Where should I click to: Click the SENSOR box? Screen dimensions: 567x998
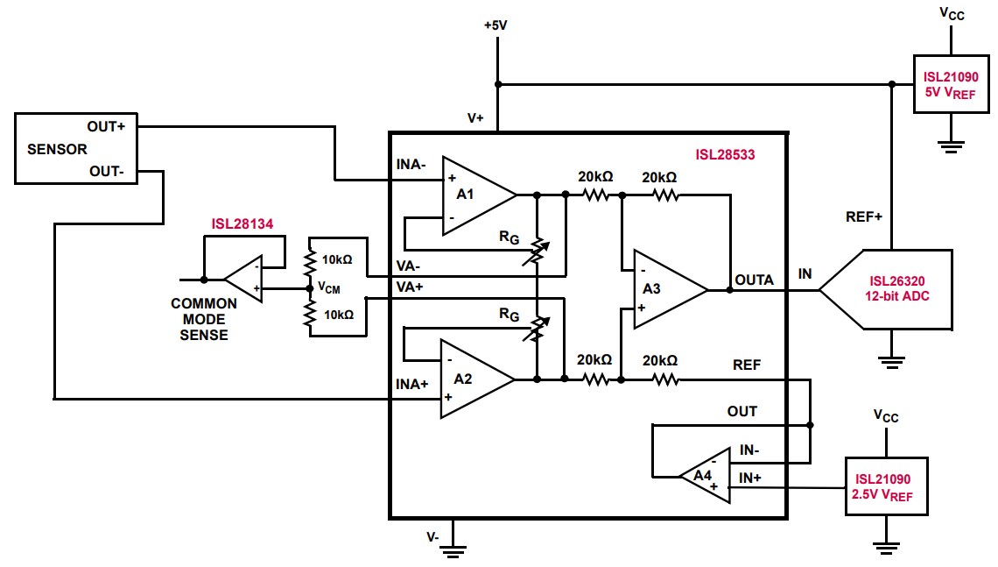pos(74,148)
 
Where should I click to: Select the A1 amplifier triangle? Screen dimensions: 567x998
pos(473,195)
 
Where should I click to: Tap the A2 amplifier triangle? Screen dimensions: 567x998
pos(473,379)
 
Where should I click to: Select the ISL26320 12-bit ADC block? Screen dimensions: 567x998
pos(893,289)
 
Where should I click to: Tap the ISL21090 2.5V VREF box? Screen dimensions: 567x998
pos(884,487)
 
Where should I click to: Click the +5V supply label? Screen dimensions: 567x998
pos(495,25)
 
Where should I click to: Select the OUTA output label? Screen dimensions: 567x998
pos(754,280)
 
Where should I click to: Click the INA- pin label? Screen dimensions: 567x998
pos(411,163)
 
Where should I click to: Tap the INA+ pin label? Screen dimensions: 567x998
pos(411,382)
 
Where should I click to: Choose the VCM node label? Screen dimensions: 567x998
pos(328,287)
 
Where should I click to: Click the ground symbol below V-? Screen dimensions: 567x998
pos(453,550)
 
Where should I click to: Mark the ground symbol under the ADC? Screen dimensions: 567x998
pos(891,358)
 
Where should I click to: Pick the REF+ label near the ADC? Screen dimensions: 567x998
pos(863,216)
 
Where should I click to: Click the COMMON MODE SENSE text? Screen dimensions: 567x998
pos(203,319)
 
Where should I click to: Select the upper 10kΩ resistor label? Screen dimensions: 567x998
pos(336,259)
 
